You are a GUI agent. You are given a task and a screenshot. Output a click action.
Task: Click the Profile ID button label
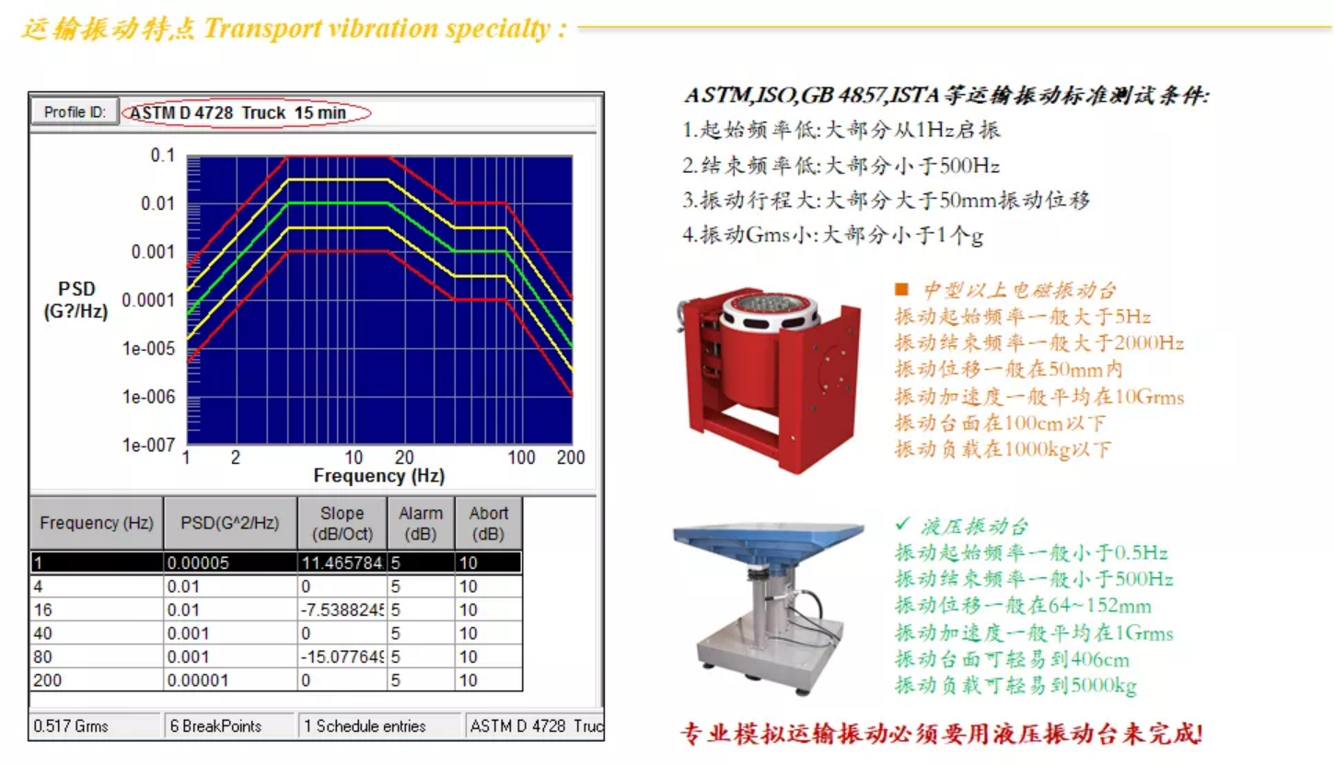point(75,112)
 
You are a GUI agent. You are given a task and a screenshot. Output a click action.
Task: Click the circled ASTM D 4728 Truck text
point(238,112)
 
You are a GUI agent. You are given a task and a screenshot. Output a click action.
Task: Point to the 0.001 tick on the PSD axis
point(153,252)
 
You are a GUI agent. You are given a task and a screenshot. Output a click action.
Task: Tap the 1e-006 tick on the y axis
point(149,397)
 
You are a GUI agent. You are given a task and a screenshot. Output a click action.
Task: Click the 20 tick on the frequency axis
point(404,458)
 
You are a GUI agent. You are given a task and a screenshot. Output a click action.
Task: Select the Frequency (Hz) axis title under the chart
point(379,476)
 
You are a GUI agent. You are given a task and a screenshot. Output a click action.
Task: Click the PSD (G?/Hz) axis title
point(76,300)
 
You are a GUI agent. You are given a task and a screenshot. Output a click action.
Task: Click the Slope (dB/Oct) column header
point(342,523)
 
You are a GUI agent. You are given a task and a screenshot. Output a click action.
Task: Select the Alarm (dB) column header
point(421,523)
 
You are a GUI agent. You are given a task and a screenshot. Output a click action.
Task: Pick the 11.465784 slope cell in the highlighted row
point(342,562)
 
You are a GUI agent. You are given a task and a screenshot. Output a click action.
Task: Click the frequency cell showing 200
point(48,680)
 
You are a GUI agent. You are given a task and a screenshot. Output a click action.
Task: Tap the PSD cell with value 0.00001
point(198,680)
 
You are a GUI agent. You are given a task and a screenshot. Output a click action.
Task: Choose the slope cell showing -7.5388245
point(342,609)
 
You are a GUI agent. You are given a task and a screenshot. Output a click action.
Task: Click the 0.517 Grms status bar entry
point(71,726)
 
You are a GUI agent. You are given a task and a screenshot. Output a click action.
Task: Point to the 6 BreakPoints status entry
point(215,726)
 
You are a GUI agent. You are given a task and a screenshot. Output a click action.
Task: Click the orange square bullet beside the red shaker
point(901,289)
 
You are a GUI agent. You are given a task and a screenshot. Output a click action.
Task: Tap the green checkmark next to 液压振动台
point(903,523)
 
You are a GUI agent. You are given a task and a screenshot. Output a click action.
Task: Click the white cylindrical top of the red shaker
point(768,313)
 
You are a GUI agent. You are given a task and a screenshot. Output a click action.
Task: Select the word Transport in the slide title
point(262,28)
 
